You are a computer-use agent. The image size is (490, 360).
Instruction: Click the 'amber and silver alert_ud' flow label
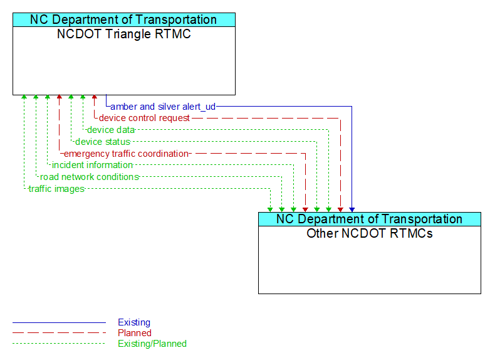(163, 107)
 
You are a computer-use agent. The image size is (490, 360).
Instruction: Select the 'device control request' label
(144, 118)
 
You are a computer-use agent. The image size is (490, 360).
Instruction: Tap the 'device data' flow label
(110, 130)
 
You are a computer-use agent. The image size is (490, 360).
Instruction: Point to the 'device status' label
(102, 142)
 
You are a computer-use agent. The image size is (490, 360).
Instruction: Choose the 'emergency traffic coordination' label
(126, 154)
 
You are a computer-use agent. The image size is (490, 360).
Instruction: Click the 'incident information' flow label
(92, 165)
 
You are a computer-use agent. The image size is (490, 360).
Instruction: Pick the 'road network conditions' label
(89, 177)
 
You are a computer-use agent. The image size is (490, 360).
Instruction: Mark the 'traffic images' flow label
(56, 189)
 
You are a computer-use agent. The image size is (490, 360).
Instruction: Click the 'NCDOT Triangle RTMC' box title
(124, 34)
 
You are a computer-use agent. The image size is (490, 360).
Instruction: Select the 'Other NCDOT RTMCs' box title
(370, 234)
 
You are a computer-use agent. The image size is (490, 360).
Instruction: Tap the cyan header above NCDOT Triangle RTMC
(124, 19)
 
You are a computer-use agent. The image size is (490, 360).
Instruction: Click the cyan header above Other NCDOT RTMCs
(370, 219)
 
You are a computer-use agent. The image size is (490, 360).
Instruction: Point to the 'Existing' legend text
(134, 322)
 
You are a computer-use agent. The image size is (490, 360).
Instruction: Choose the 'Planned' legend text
(135, 333)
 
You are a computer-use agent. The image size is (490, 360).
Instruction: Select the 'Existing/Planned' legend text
(152, 344)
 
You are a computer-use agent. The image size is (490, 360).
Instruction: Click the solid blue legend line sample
(59, 322)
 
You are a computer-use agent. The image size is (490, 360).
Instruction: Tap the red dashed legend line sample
(59, 333)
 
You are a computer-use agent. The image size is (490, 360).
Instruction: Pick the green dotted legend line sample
(59, 344)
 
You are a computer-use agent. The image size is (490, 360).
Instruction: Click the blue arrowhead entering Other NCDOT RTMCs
(352, 209)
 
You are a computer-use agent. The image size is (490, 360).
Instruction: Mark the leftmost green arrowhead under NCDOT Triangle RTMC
(24, 98)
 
